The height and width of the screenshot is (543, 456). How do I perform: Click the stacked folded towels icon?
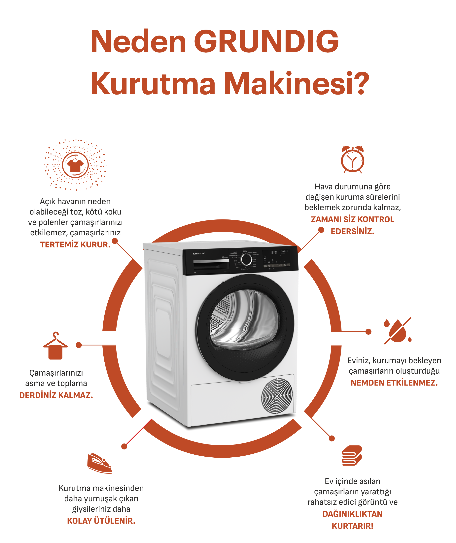[x=352, y=456]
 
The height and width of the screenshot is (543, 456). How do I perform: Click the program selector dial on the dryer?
[x=246, y=259]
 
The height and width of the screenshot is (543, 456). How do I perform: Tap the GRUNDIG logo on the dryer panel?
[x=199, y=253]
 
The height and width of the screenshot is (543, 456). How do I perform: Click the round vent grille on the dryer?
[x=277, y=396]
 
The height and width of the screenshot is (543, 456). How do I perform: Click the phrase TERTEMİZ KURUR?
[x=75, y=244]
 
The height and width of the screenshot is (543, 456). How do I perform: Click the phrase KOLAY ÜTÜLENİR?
[x=101, y=521]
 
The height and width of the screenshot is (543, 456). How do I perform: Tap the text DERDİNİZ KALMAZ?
[x=56, y=395]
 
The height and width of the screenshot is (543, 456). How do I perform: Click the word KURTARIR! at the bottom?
[x=352, y=526]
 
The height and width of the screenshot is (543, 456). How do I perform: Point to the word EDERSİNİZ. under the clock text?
[x=352, y=231]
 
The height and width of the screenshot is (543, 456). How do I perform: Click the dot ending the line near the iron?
[x=124, y=446]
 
